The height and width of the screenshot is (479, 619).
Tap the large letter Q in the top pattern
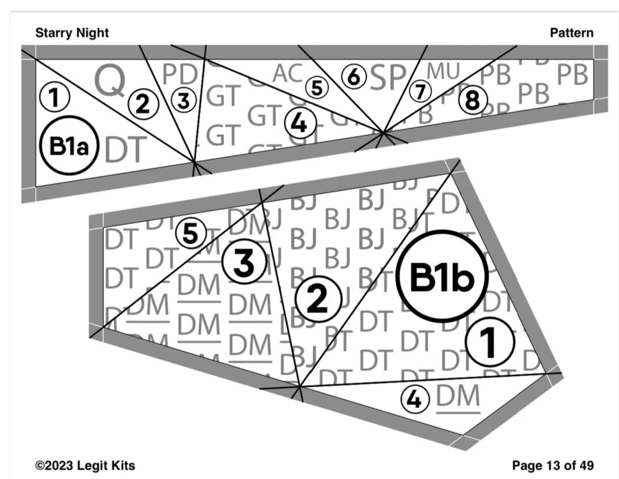109,81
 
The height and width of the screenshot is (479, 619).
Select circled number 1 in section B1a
53,97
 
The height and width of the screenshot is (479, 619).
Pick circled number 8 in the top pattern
472,101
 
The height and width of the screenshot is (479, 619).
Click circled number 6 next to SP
354,78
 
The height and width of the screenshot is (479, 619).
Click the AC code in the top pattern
288,74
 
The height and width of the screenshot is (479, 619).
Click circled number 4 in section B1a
298,123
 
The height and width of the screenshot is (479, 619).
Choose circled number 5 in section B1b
191,234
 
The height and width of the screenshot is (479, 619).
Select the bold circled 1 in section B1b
489,342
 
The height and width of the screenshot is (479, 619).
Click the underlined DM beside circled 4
458,398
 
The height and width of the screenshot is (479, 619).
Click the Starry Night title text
72,33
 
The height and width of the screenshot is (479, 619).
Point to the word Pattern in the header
571,33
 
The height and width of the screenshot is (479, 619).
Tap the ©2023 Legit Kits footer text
85,465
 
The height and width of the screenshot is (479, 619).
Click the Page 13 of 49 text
553,465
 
